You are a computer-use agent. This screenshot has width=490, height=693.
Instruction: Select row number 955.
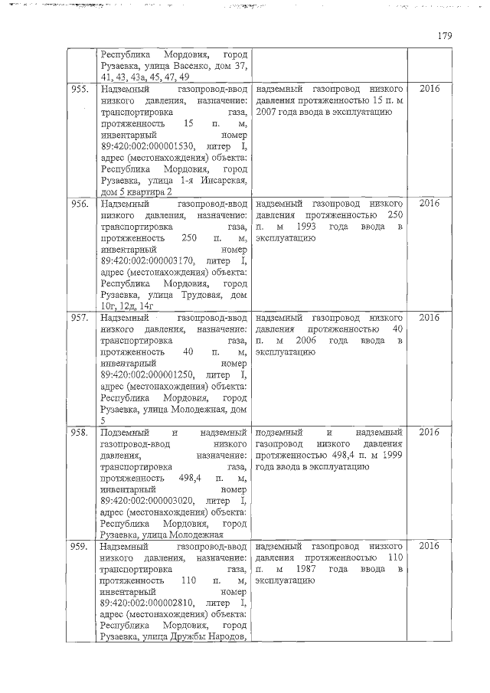coord(78,90)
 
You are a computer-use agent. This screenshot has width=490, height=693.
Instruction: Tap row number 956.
coord(78,204)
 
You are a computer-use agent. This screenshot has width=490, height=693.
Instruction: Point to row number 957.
coord(78,318)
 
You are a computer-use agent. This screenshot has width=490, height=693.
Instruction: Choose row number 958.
coord(78,433)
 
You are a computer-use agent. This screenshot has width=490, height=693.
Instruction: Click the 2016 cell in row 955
coord(430,90)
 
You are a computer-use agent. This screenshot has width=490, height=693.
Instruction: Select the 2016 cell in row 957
coord(430,318)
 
